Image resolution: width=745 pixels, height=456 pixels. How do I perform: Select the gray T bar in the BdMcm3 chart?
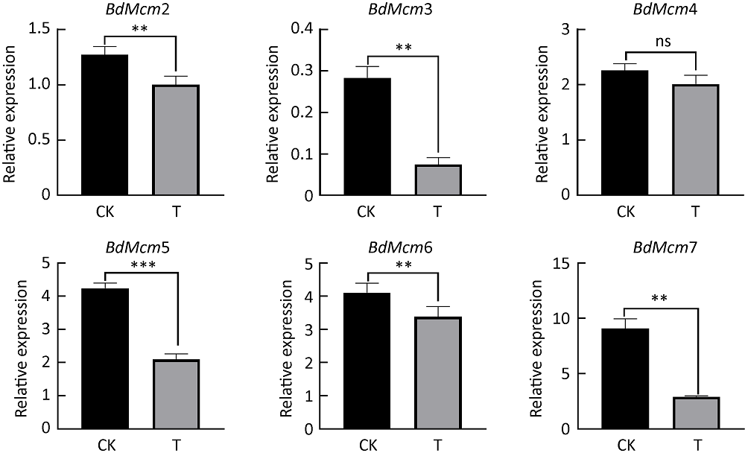pos(438,180)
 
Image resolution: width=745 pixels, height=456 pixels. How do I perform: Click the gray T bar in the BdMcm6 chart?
pos(438,373)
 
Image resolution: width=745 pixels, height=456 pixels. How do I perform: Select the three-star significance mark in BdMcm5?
pos(141,265)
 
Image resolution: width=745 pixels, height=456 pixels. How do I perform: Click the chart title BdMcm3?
pos(401,10)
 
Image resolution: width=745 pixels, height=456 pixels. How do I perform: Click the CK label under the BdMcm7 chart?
pos(624,446)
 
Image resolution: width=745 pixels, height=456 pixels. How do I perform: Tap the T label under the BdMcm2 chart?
pos(176,212)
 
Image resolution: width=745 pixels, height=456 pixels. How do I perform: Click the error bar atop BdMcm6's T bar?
pos(438,311)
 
